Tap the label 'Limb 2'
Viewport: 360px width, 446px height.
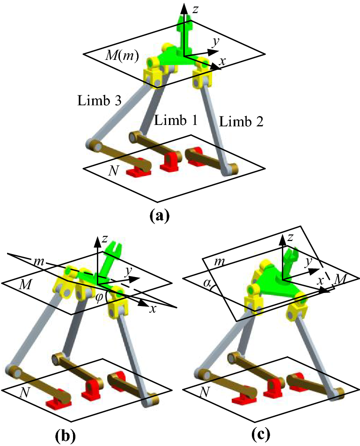pyautogui.click(x=241, y=123)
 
